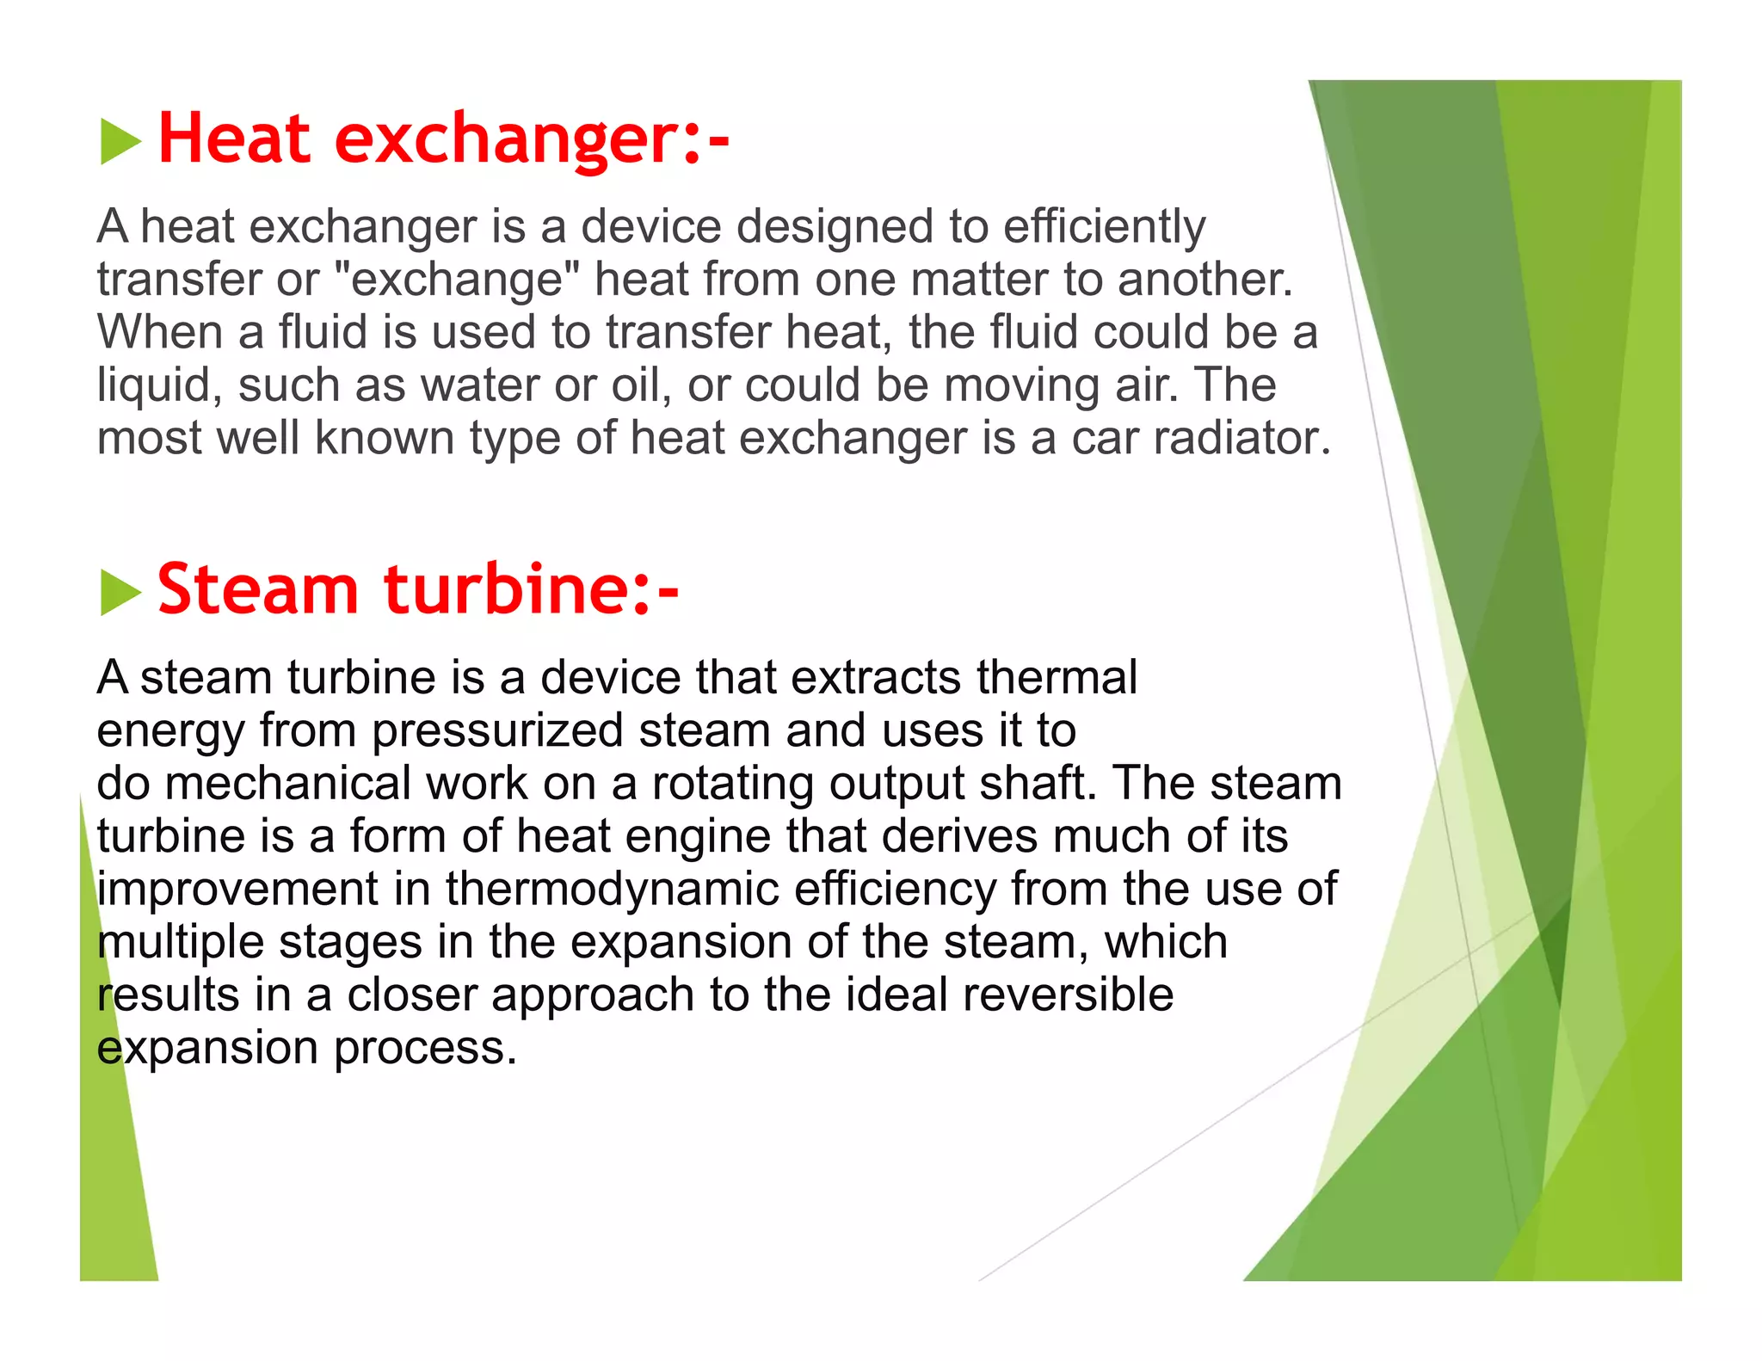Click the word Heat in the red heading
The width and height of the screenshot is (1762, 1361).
point(233,139)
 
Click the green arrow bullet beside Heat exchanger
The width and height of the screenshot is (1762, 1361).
point(120,142)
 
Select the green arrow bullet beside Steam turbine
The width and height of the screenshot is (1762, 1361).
point(120,593)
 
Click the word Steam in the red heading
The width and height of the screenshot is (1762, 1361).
point(257,590)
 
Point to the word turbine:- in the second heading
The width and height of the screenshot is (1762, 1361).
point(531,590)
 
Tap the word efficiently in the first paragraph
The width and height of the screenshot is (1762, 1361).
point(1104,228)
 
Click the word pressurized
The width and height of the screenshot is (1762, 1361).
point(497,731)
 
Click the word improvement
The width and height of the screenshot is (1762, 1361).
point(237,890)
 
